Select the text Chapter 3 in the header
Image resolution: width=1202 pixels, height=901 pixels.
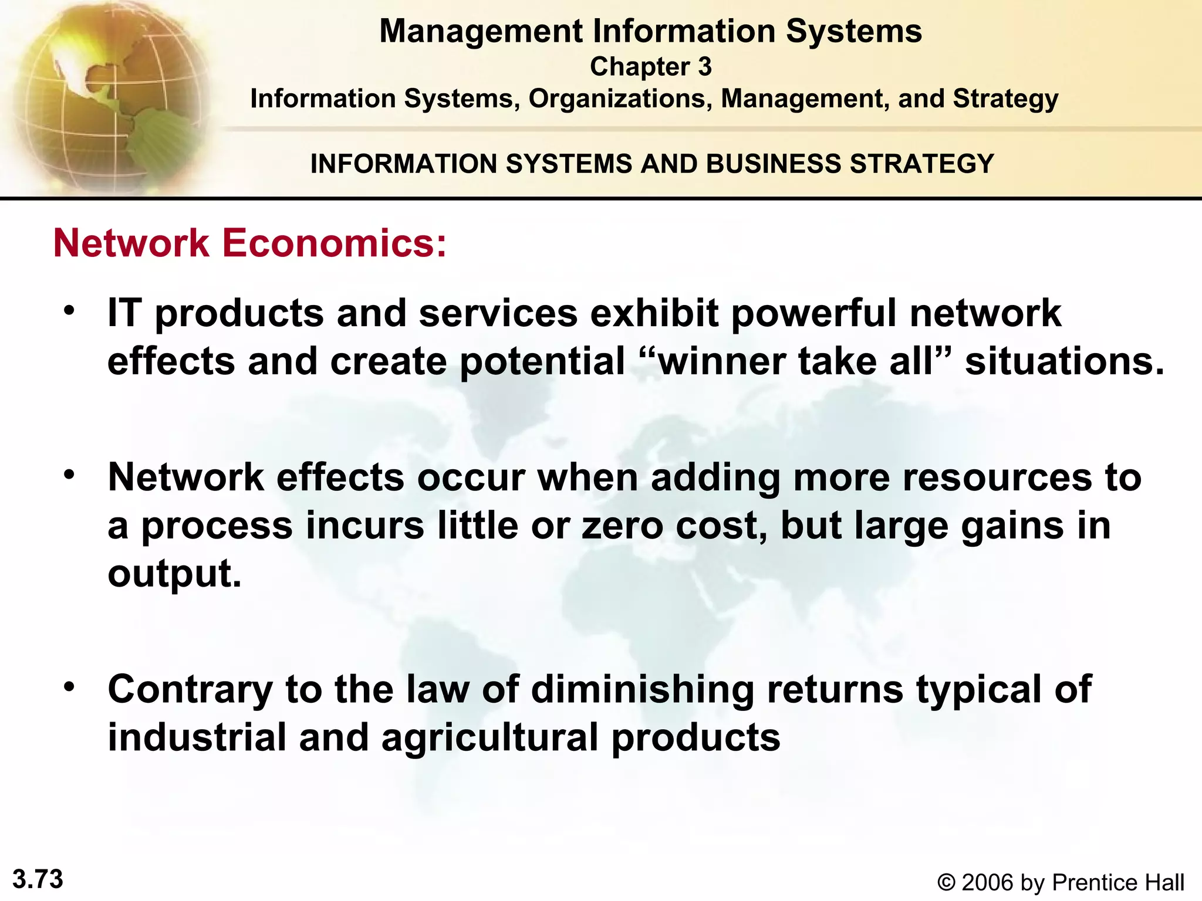click(x=650, y=66)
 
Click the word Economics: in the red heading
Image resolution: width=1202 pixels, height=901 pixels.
click(x=335, y=243)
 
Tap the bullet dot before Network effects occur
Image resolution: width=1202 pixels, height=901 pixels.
click(x=70, y=475)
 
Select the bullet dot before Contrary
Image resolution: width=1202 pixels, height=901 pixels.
click(x=70, y=686)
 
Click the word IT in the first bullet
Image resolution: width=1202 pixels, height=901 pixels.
click(x=124, y=313)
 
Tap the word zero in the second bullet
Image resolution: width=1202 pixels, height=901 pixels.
click(x=623, y=526)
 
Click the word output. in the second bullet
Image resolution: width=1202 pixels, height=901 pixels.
click(x=174, y=574)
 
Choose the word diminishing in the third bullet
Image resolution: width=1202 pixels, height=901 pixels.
click(x=642, y=689)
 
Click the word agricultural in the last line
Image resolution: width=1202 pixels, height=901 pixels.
click(x=489, y=738)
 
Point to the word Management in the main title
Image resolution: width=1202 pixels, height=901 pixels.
click(x=481, y=32)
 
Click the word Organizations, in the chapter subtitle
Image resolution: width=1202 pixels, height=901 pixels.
click(x=620, y=99)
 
